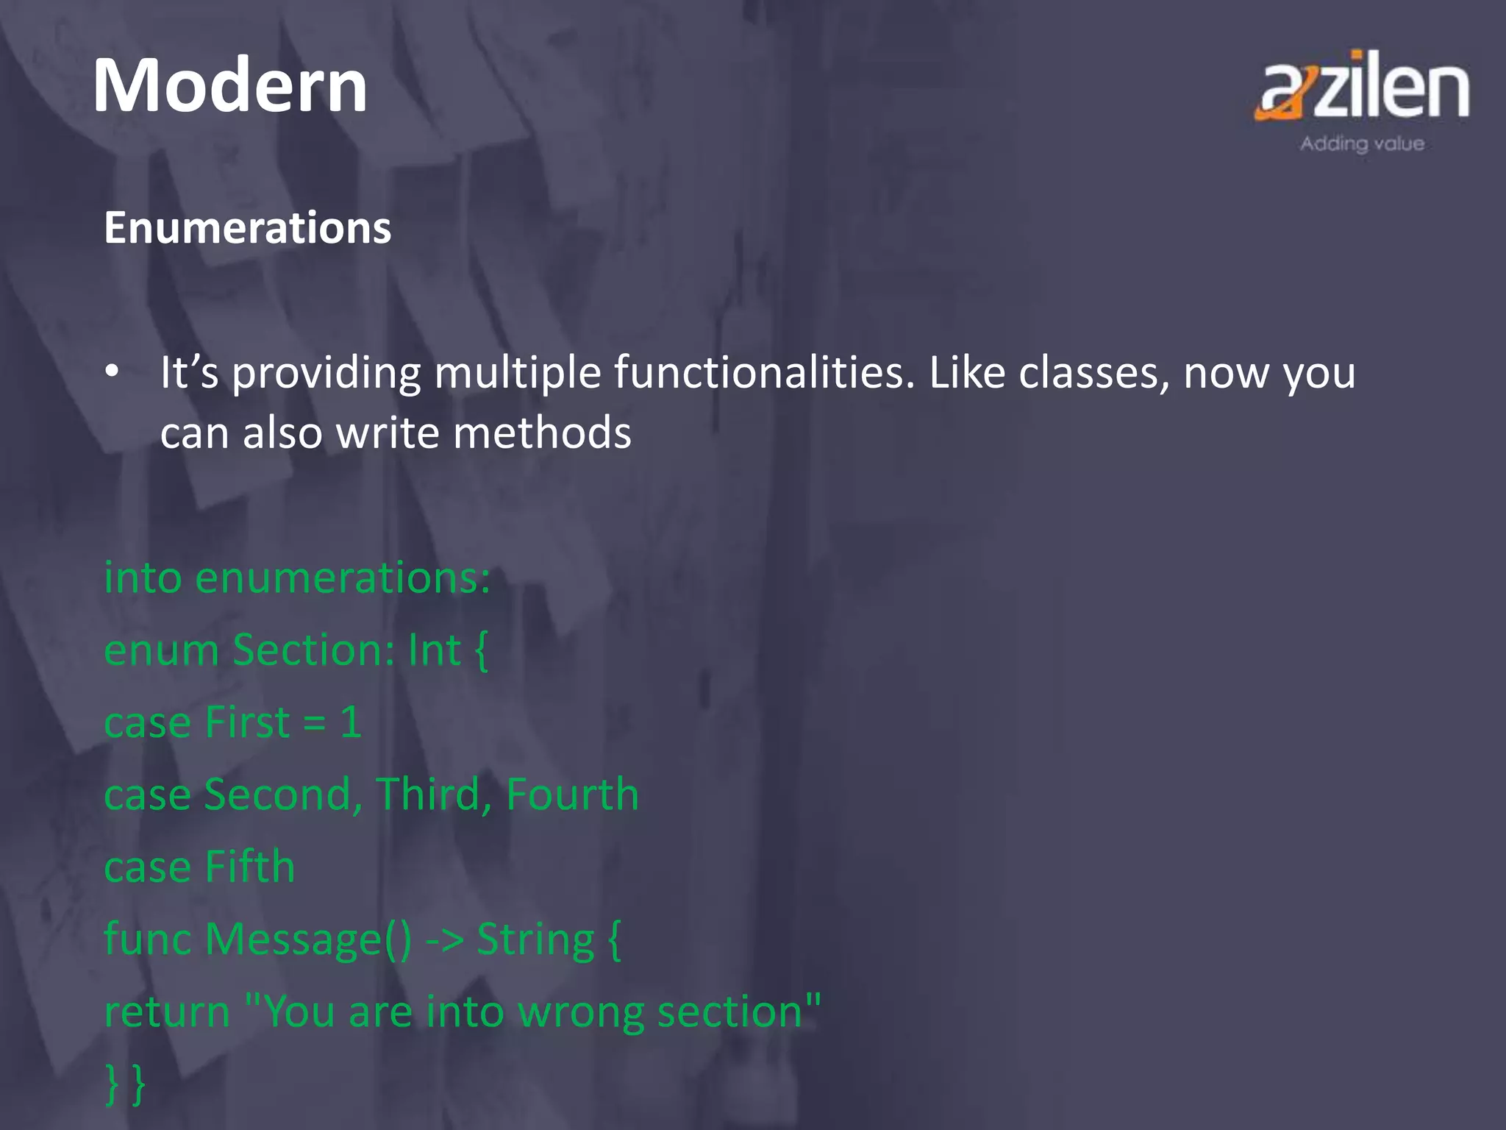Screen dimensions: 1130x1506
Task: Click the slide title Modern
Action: [229, 87]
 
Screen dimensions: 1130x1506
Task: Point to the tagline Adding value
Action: [1362, 143]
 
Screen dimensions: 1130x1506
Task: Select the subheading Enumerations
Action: [248, 227]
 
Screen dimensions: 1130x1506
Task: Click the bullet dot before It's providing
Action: [112, 372]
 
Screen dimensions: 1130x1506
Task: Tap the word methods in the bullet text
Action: [542, 433]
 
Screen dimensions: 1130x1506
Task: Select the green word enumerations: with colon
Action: [343, 578]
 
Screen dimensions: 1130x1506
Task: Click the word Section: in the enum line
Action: [314, 650]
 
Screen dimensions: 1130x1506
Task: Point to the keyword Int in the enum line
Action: [434, 650]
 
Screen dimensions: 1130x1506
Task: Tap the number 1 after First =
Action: [351, 722]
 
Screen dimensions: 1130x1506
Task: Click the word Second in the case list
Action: [283, 795]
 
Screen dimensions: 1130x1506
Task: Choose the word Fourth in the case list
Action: [572, 795]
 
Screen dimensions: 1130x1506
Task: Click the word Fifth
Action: [250, 867]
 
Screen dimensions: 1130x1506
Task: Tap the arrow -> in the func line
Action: [445, 940]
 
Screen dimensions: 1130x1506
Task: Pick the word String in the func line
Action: [535, 939]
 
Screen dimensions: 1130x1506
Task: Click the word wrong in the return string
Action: [581, 1012]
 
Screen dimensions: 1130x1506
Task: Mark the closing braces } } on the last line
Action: [125, 1084]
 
